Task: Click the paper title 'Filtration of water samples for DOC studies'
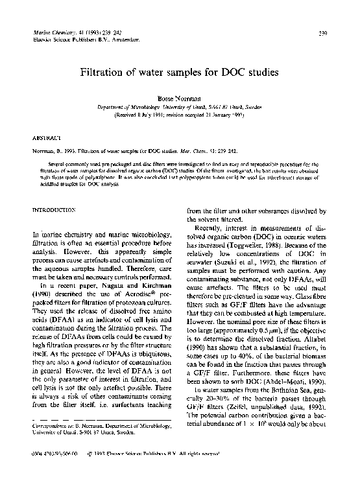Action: tap(179, 73)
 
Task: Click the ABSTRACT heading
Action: tap(47, 138)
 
